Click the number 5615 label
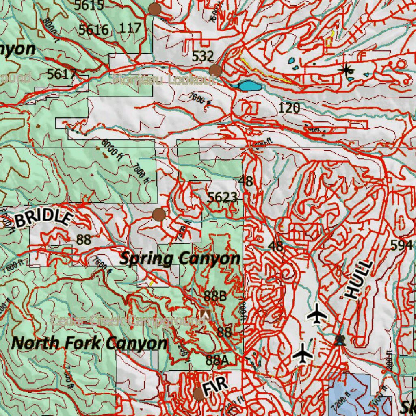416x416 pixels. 89,5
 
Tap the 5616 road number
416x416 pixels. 94,30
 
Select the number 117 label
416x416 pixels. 131,28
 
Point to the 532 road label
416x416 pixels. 203,56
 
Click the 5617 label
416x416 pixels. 62,74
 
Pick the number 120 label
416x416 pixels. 289,108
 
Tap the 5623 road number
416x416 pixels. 222,197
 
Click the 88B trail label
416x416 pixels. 215,296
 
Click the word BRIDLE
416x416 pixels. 43,219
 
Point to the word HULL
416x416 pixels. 359,280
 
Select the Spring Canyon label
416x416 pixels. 180,258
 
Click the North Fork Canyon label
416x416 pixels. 89,343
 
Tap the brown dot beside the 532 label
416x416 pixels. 215,71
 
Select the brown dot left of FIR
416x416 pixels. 199,393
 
